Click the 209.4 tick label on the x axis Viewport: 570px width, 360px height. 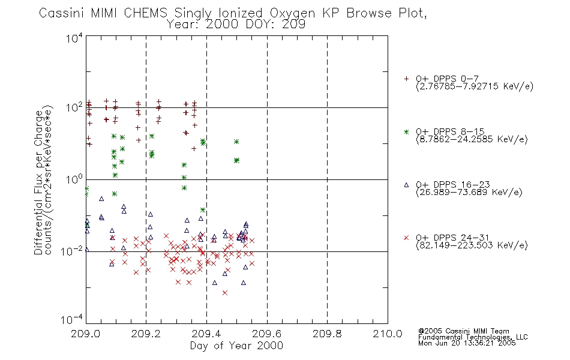[x=206, y=334]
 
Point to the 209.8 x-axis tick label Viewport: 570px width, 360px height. [x=327, y=334]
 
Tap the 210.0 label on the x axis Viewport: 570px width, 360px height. [x=388, y=334]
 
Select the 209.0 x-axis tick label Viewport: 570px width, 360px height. [x=86, y=334]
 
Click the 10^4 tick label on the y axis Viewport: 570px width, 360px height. [x=74, y=38]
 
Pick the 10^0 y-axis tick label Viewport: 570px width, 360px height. [x=74, y=179]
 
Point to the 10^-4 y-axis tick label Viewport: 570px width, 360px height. [x=72, y=320]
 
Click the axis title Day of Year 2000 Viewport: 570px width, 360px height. [x=236, y=346]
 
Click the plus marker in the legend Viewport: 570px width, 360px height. [x=406, y=79]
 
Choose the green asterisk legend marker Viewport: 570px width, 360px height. [x=406, y=132]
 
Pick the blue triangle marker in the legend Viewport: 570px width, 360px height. [x=406, y=185]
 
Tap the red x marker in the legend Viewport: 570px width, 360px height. [x=406, y=238]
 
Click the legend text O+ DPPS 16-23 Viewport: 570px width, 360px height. [x=453, y=184]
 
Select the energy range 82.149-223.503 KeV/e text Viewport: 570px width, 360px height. [x=472, y=245]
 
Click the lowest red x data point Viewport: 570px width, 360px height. [x=225, y=293]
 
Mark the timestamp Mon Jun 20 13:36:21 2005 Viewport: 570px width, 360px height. [x=467, y=343]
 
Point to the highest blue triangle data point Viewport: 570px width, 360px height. [x=101, y=199]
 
